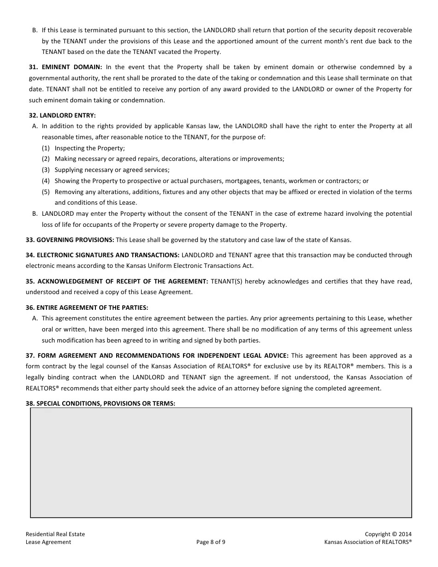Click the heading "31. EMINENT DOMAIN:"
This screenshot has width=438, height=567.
65,67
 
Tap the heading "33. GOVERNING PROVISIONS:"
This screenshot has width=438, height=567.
70,240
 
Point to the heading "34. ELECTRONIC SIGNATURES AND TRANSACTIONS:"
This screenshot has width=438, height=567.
102,255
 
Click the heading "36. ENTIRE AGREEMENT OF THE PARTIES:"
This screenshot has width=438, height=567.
87,307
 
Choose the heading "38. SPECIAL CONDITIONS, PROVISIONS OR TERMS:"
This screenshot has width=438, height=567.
100,403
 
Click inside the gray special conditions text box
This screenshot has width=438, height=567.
221,462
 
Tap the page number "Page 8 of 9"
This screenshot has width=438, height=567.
211,542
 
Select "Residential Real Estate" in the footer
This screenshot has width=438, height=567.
55,534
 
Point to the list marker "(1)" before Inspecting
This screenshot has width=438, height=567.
46,148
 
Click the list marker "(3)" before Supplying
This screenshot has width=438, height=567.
46,170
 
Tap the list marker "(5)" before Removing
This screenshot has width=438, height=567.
46,192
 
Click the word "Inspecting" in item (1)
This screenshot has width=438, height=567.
69,148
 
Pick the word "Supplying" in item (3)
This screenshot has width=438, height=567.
68,170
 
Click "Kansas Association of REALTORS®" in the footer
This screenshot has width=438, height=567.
367,542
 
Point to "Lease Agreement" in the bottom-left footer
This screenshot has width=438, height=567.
48,542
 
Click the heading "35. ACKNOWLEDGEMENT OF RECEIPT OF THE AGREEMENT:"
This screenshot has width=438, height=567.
117,281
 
